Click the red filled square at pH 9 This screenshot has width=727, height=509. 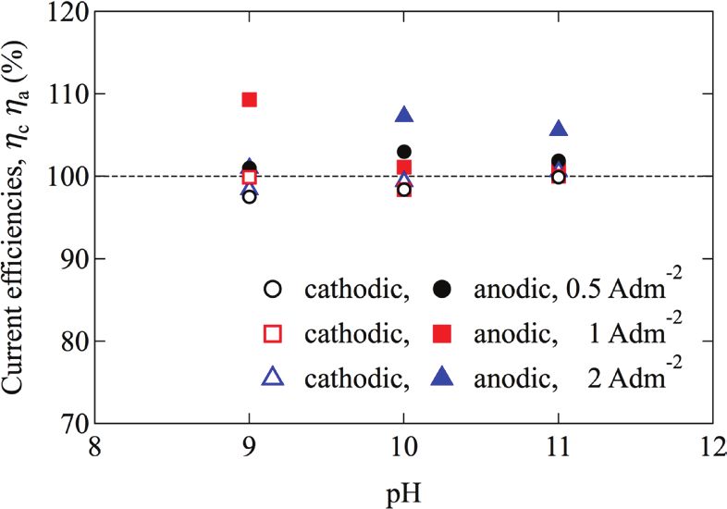[x=249, y=99]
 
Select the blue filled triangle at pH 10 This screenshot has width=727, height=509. [x=404, y=116]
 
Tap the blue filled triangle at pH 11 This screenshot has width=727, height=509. [x=559, y=130]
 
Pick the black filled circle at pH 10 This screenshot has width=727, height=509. [x=404, y=152]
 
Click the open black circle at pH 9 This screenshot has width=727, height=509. [x=249, y=196]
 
